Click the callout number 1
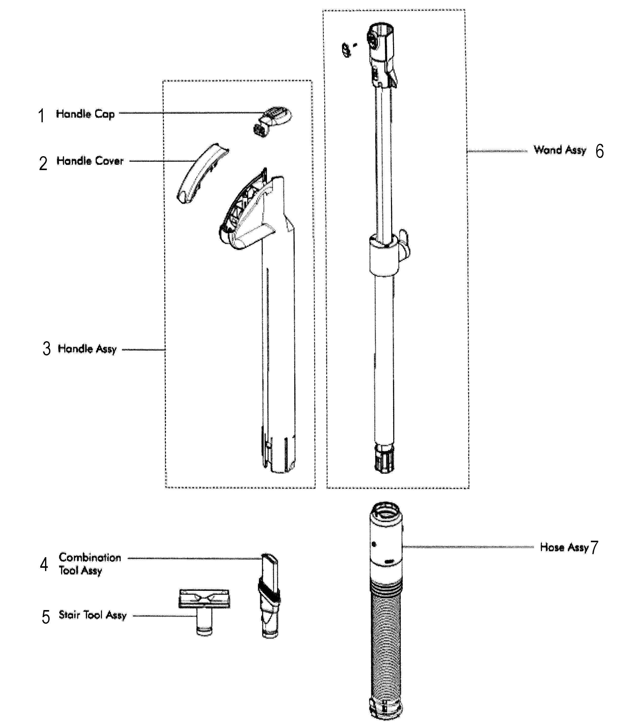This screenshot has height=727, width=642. tap(42, 116)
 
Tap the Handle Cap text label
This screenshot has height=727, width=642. tap(85, 114)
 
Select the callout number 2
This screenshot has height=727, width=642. tap(43, 164)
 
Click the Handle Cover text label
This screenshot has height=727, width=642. tap(90, 161)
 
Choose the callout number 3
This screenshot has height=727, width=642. tap(47, 349)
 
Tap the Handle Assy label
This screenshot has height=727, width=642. tap(87, 349)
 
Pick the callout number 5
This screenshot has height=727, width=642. tap(46, 617)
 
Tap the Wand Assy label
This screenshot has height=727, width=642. tap(560, 150)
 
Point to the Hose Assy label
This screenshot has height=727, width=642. tap(564, 547)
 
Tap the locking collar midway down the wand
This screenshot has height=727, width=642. tap(384, 255)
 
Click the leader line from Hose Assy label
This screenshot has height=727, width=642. tap(466, 547)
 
